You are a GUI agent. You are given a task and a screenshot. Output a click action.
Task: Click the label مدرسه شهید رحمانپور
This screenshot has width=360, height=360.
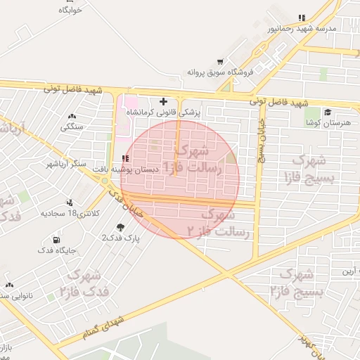click(x=302, y=29)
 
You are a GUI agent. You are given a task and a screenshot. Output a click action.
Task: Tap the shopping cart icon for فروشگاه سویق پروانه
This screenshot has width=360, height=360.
click(x=221, y=61)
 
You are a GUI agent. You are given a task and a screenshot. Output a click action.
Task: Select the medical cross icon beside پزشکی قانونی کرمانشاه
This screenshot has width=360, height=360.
click(x=164, y=102)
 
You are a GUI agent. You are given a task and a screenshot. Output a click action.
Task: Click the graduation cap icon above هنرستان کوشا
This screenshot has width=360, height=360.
click(x=328, y=112)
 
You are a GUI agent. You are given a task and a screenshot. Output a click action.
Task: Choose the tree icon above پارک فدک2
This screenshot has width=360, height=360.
click(x=121, y=227)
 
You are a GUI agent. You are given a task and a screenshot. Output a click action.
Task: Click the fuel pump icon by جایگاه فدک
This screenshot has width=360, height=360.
click(x=57, y=239)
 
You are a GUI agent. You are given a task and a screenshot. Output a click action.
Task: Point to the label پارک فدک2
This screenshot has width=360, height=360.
click(x=122, y=238)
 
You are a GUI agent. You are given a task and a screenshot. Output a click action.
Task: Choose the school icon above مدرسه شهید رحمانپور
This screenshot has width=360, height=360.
click(x=302, y=18)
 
